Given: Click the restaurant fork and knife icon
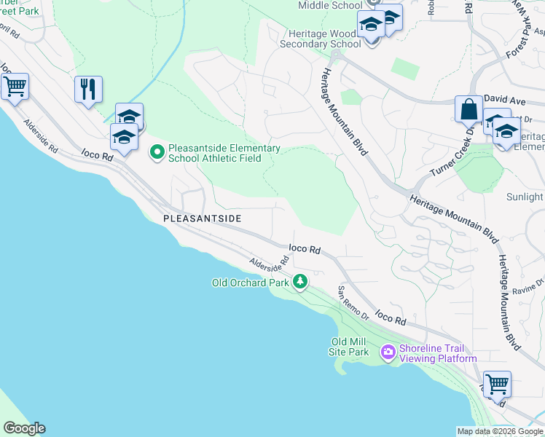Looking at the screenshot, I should tap(88, 90).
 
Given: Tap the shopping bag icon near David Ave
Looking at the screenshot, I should tap(469, 109).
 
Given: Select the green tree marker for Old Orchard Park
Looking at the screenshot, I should tap(300, 282).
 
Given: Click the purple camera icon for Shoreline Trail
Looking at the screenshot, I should tap(388, 353).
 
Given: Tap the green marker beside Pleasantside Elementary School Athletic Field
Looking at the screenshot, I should tap(157, 153).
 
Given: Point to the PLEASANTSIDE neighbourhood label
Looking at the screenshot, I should tap(202, 218).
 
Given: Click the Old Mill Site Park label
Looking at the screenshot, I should tap(350, 347).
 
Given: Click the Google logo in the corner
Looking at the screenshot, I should tap(24, 428).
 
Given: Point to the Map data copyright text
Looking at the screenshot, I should tap(500, 431).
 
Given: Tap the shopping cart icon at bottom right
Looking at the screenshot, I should tap(497, 383).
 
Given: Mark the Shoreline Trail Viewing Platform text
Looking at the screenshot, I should tap(438, 353).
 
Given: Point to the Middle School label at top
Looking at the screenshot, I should tap(330, 5).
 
